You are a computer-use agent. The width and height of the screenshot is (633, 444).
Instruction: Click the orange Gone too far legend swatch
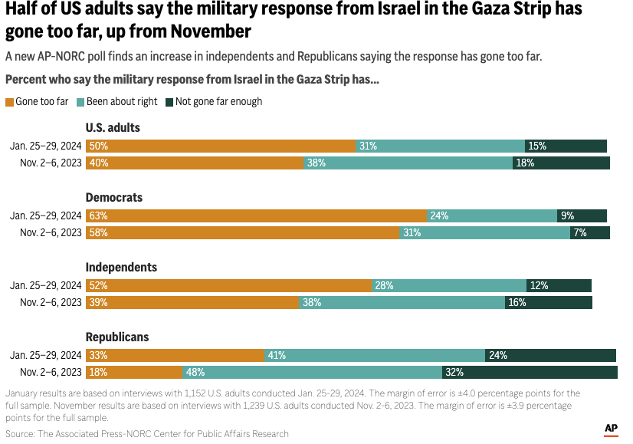coord(9,102)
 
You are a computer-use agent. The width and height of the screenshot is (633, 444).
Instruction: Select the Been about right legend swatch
coord(80,102)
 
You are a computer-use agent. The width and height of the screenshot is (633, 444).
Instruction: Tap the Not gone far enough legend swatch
coord(170,102)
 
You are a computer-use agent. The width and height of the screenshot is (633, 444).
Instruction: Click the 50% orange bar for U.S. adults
coord(220,146)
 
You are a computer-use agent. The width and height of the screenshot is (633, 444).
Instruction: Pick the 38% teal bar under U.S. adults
coord(408,163)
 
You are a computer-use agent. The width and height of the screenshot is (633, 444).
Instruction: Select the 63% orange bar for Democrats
coord(256,215)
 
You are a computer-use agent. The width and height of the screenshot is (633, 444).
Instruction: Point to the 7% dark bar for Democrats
coord(590,232)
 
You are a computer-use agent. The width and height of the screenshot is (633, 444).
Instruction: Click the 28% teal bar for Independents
coord(449,285)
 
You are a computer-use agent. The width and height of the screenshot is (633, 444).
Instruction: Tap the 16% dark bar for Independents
coord(549,302)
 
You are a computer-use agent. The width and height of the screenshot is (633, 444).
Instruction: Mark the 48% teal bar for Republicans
coord(312,372)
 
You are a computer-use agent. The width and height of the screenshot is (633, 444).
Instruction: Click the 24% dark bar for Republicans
coord(550,355)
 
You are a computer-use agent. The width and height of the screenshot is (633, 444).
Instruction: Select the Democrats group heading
coord(114,197)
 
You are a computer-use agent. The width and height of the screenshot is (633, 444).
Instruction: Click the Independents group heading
coord(121,267)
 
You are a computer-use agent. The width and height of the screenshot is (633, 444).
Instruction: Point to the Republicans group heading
coord(117,337)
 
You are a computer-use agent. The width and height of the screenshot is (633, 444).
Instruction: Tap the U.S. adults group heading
coord(113,127)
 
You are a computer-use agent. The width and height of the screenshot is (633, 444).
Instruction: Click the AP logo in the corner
coord(611,429)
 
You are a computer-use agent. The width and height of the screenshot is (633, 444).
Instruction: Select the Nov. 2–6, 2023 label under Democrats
coord(51,232)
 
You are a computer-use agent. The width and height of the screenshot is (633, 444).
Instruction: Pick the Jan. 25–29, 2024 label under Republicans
coord(45,355)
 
